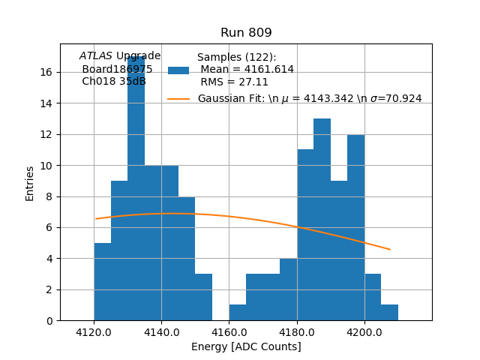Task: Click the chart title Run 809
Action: [x=246, y=33]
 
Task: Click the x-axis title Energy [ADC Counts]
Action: [x=246, y=346]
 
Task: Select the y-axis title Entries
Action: [x=30, y=182]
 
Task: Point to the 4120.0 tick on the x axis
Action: [x=94, y=331]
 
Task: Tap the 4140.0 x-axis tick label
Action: [x=161, y=331]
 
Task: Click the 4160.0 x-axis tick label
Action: [x=229, y=331]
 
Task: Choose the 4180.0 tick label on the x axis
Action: [x=297, y=331]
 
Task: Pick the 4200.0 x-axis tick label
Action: [x=364, y=331]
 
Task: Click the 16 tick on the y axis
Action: [x=46, y=72]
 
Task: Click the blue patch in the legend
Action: [x=178, y=70]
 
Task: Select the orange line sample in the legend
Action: [x=178, y=98]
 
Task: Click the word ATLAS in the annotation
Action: [x=95, y=55]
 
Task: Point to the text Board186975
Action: [x=117, y=69]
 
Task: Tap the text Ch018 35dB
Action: [x=114, y=81]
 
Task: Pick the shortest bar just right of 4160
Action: [x=238, y=313]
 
